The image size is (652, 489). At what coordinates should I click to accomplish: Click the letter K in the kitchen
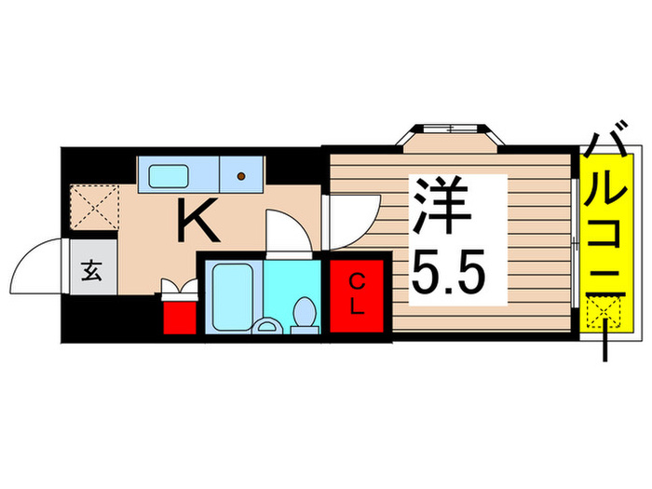198,220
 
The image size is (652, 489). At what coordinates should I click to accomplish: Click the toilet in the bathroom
303,315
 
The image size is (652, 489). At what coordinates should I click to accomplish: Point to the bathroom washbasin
267,325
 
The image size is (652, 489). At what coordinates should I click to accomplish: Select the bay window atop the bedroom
446,134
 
